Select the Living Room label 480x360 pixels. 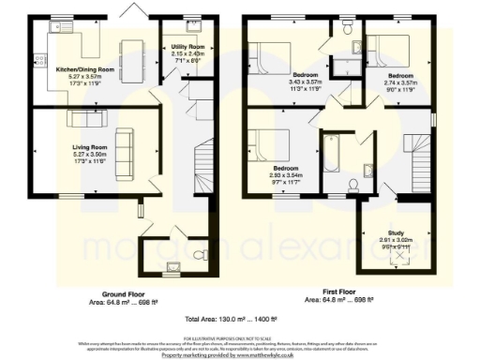[x=92, y=147]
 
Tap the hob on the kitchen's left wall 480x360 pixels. [x=40, y=61]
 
